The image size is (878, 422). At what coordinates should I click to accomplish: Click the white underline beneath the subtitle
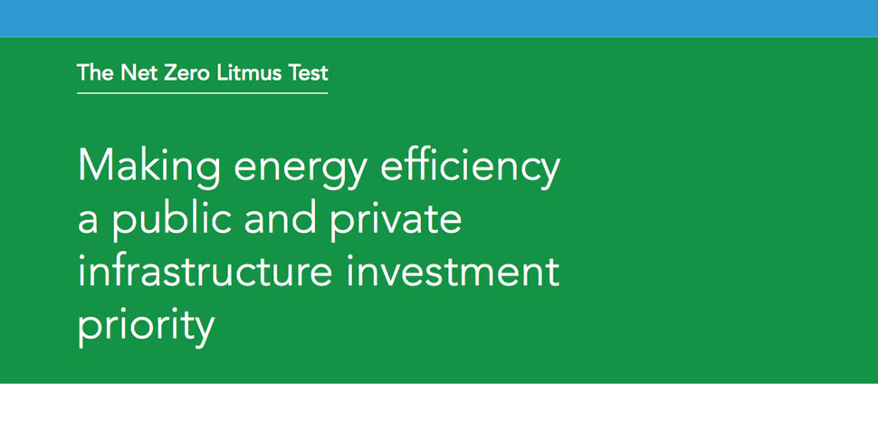(x=203, y=92)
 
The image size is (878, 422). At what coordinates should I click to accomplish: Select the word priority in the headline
(x=146, y=326)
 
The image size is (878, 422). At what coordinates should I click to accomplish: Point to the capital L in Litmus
(x=222, y=73)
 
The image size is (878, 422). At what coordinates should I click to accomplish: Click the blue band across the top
(x=439, y=18)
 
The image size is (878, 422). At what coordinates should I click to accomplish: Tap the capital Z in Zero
(x=169, y=73)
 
